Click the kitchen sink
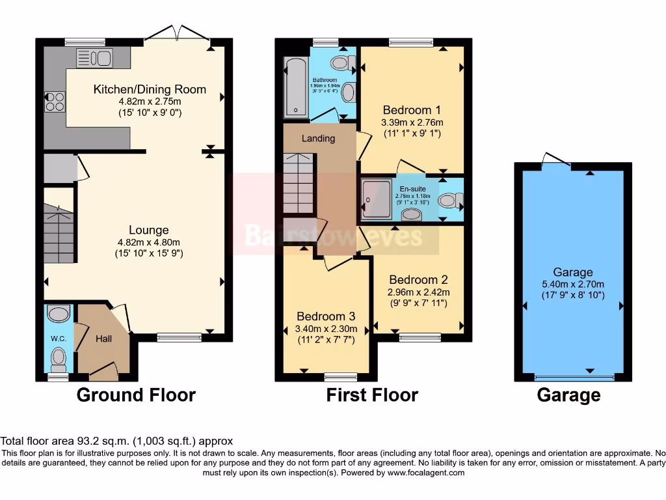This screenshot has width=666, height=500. click(x=94, y=58)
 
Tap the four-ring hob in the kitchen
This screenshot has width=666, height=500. click(x=55, y=102)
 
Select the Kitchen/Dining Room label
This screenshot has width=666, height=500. click(x=150, y=89)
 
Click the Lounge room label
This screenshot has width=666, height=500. click(x=149, y=230)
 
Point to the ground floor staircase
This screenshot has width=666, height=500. click(x=59, y=231)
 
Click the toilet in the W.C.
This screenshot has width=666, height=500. click(x=59, y=356)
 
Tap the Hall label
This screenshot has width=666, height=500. click(x=103, y=339)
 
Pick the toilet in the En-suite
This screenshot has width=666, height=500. click(x=448, y=201)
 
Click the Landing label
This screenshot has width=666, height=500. click(x=319, y=138)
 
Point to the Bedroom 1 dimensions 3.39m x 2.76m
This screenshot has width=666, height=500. click(x=412, y=122)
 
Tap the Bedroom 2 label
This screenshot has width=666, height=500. click(x=418, y=280)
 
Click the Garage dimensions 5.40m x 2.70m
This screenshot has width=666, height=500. click(x=573, y=284)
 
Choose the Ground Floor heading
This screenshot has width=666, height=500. click(x=136, y=395)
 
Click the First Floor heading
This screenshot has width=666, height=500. click(x=372, y=395)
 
